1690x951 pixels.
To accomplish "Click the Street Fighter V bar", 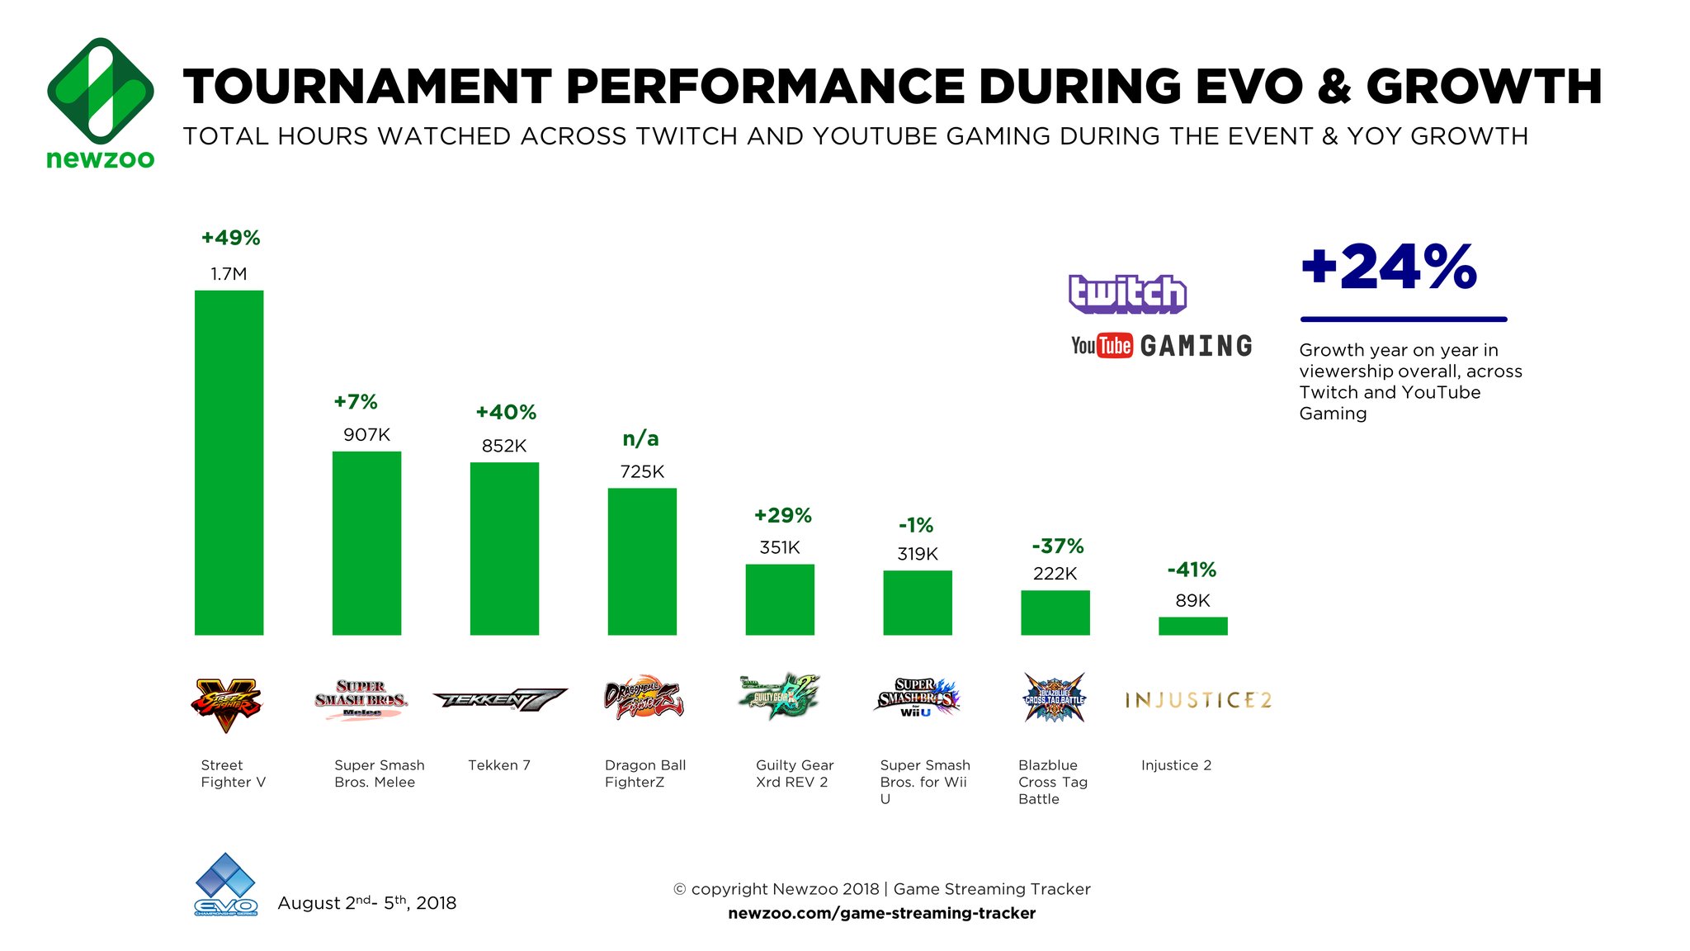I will pyautogui.click(x=229, y=462).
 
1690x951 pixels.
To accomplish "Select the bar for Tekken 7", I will pyautogui.click(x=504, y=548).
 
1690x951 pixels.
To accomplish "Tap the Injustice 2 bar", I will pyautogui.click(x=1192, y=626).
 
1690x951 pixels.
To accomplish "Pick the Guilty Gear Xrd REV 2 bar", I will pyautogui.click(x=780, y=599).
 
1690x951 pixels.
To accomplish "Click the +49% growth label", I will pyautogui.click(x=231, y=239).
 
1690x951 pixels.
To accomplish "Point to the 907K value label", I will pyautogui.click(x=366, y=435).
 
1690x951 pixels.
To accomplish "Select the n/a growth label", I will pyautogui.click(x=640, y=439).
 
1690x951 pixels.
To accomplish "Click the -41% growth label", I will pyautogui.click(x=1192, y=570).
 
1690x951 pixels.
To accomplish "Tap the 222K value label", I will pyautogui.click(x=1055, y=574).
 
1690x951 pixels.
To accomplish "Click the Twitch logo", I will pyautogui.click(x=1127, y=294).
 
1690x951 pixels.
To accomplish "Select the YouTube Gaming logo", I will pyautogui.click(x=1161, y=346).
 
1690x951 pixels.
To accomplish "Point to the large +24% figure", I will pyautogui.click(x=1389, y=267).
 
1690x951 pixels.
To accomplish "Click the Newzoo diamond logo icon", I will pyautogui.click(x=101, y=90).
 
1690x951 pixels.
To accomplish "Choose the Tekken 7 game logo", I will pyautogui.click(x=500, y=700).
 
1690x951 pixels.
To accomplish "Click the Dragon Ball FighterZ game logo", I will pyautogui.click(x=644, y=700).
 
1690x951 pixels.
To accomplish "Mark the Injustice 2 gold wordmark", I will pyautogui.click(x=1198, y=700).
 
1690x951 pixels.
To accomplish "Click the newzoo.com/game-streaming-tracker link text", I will pyautogui.click(x=881, y=913).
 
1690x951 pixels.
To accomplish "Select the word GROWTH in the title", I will pyautogui.click(x=1484, y=87).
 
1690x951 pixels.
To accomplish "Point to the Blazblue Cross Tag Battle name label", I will pyautogui.click(x=1052, y=782).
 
